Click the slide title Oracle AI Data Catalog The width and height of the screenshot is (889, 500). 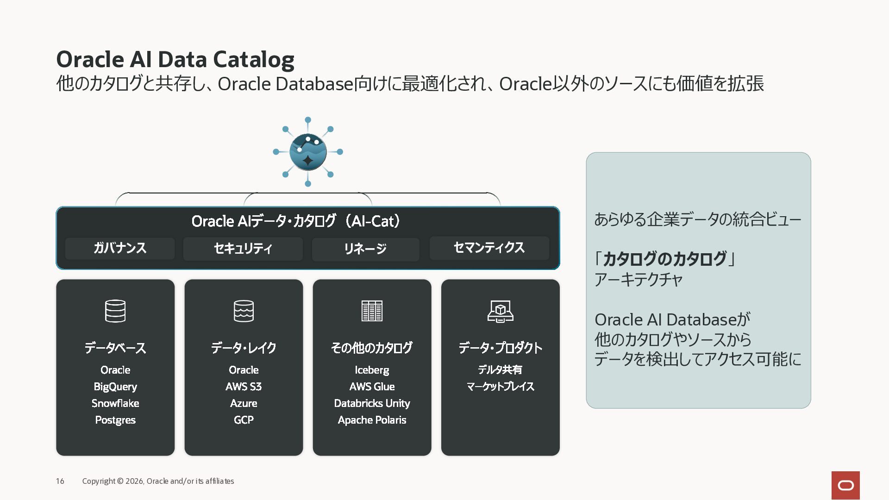pyautogui.click(x=175, y=60)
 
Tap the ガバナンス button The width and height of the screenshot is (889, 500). pyautogui.click(x=120, y=248)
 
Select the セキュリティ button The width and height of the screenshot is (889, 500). pyautogui.click(x=243, y=249)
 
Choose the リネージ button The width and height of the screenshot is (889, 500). pyautogui.click(x=365, y=249)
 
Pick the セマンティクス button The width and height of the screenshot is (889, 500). pyautogui.click(x=489, y=248)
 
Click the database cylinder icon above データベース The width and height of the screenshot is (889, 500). pyautogui.click(x=115, y=311)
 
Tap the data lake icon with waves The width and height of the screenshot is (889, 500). pyautogui.click(x=244, y=311)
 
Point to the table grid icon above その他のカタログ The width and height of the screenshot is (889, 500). pyautogui.click(x=372, y=311)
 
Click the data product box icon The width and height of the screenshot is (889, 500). pyautogui.click(x=501, y=311)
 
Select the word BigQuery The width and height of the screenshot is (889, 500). pyautogui.click(x=115, y=387)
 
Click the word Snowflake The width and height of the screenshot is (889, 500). pyautogui.click(x=115, y=403)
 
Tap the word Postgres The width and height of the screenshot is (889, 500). pyautogui.click(x=115, y=420)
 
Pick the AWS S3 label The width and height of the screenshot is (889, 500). pyautogui.click(x=244, y=387)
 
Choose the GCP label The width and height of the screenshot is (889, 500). pyautogui.click(x=244, y=420)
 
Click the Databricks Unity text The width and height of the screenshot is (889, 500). pyautogui.click(x=372, y=403)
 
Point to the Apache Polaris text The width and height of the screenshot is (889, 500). pyautogui.click(x=372, y=420)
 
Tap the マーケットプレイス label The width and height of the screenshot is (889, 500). pyautogui.click(x=501, y=387)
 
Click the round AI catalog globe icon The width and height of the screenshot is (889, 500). pyautogui.click(x=308, y=152)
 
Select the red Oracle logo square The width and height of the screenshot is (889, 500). pyautogui.click(x=845, y=485)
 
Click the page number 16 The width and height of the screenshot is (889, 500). pyautogui.click(x=60, y=481)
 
